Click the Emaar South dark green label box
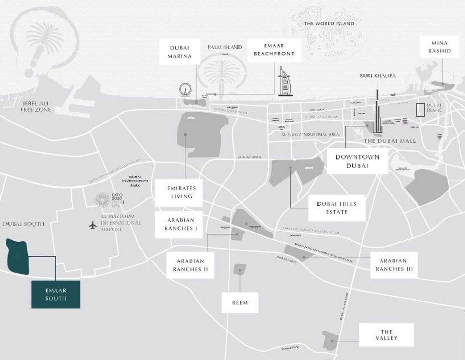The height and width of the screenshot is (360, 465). [x=56, y=294]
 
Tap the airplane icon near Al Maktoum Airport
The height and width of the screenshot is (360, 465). [x=93, y=226]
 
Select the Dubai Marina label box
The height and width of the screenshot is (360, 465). [x=180, y=52]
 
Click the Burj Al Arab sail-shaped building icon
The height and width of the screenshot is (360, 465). [x=285, y=82]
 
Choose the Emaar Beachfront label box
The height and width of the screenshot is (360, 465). [x=274, y=50]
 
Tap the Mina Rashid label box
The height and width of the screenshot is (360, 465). [x=439, y=47]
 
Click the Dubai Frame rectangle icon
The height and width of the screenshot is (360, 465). [x=420, y=110]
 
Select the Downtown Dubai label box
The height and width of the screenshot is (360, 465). [x=357, y=161]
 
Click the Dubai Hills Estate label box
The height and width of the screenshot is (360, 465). [x=337, y=208]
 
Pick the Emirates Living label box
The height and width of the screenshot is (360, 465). [x=182, y=193]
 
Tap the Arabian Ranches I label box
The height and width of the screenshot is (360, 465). [x=181, y=224]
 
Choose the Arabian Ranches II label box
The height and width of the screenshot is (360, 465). [x=190, y=265]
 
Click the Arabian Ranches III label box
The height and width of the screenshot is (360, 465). [x=394, y=265]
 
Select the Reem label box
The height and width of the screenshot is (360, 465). [x=240, y=303]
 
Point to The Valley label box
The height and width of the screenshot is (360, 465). [x=386, y=335]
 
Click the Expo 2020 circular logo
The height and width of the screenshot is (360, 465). [x=102, y=200]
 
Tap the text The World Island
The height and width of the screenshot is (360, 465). [x=329, y=23]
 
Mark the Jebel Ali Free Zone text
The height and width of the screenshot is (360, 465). [x=36, y=107]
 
